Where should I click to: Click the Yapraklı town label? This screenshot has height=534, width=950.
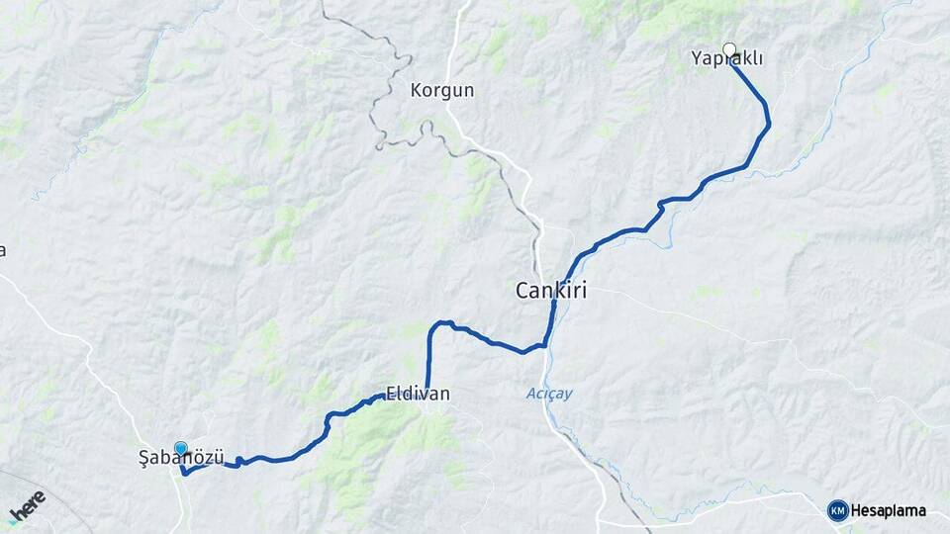coord(727,59)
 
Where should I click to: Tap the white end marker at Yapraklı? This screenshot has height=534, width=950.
coord(729,49)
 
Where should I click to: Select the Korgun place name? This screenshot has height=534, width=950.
coord(442,90)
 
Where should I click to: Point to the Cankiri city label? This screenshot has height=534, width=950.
coord(552,291)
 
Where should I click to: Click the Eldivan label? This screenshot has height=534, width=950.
coord(418,394)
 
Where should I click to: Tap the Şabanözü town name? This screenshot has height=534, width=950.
coord(181,458)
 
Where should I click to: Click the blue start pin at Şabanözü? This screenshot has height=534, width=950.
coord(181,449)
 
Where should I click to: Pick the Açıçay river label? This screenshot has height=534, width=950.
coord(548,394)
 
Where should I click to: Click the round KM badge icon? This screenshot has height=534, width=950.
coord(837,510)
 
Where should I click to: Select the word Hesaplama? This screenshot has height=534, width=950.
coord(889,510)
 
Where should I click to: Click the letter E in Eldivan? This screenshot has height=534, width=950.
coord(391,394)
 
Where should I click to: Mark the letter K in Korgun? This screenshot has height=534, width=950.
coord(416,90)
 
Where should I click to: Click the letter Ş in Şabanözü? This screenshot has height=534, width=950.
coord(143,458)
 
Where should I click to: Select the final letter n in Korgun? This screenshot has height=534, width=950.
coord(469,90)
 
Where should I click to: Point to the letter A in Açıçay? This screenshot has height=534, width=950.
coord(530,394)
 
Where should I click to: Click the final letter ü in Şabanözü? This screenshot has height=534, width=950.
coord(219,458)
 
